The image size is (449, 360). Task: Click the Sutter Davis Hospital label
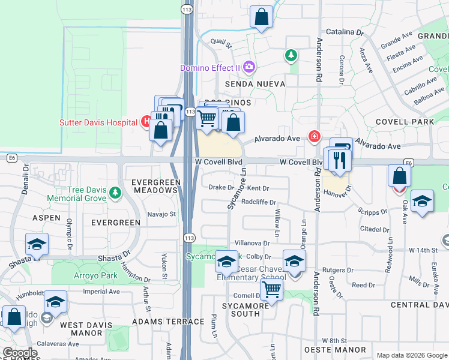(98, 123)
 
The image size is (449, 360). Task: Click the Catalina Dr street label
(345, 32)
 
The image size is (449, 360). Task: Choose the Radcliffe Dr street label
(258, 202)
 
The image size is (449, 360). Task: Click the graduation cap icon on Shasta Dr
(37, 245)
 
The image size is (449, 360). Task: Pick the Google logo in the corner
(20, 353)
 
